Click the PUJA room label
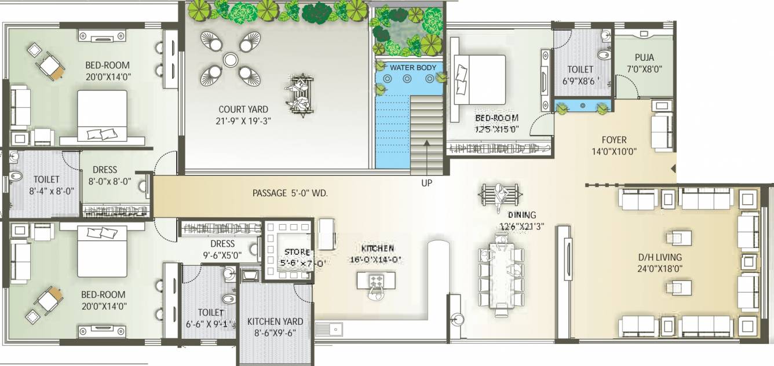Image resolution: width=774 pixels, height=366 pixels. click(644, 57)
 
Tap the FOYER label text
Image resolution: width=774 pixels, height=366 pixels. click(614, 140)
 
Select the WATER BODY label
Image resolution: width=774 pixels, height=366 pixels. click(413, 68)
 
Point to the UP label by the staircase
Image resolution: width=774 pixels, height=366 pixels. click(426, 183)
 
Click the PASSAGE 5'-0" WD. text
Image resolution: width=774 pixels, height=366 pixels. click(290, 193)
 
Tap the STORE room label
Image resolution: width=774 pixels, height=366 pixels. click(297, 252)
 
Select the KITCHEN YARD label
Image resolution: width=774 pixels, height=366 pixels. click(275, 322)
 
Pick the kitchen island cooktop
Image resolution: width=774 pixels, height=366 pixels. click(377, 281)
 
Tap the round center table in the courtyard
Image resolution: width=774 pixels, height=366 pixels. click(230, 59)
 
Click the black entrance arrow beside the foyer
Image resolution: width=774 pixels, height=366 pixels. click(673, 169)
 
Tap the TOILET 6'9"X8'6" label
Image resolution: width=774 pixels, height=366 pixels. click(580, 75)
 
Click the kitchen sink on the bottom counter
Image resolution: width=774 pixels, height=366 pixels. click(335, 328)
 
